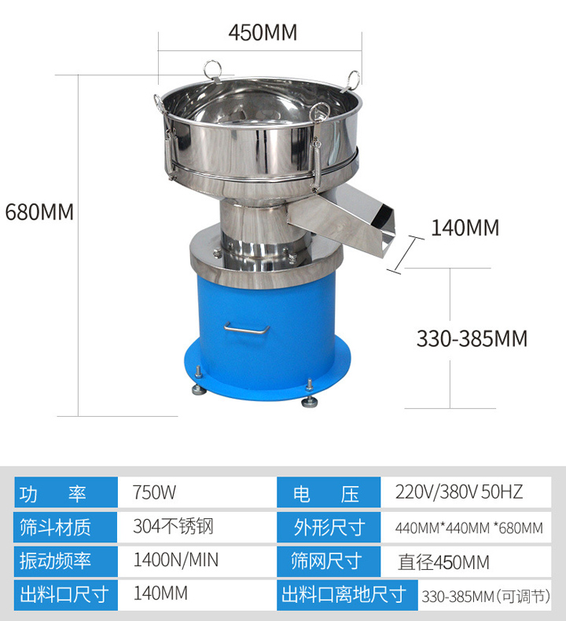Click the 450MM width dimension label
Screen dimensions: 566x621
(263, 32)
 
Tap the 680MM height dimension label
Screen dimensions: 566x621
(39, 212)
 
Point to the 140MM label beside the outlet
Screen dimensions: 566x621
(465, 228)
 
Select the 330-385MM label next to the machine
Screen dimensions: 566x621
(472, 338)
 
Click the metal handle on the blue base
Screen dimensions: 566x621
(246, 330)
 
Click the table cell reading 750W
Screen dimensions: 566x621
(154, 492)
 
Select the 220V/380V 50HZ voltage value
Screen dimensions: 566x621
(459, 492)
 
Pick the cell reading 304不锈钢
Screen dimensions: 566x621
(173, 526)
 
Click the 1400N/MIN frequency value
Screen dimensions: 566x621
(176, 560)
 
